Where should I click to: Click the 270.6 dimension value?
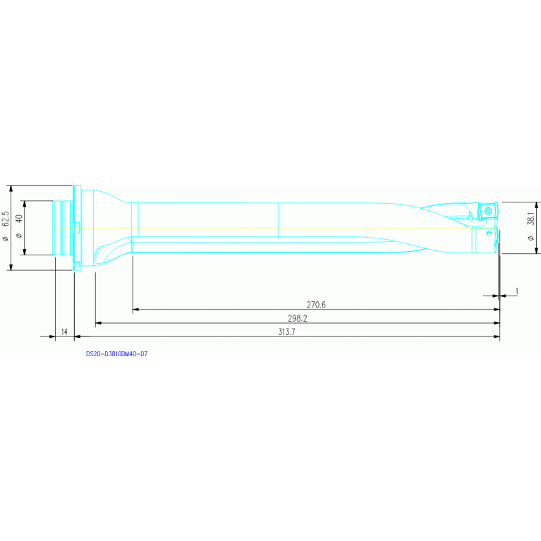pos(316,305)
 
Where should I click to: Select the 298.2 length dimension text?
pos(297,318)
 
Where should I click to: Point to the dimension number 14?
pos(64,332)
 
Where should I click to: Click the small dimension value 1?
pos(517,291)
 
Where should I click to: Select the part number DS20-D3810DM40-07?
pos(116,353)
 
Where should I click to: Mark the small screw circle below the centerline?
pos(489,232)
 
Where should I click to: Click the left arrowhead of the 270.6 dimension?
pos(135,309)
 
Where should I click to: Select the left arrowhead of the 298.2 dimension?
pos(99,322)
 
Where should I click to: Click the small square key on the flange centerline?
pos(77,227)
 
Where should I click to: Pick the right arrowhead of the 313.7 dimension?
pos(497,336)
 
